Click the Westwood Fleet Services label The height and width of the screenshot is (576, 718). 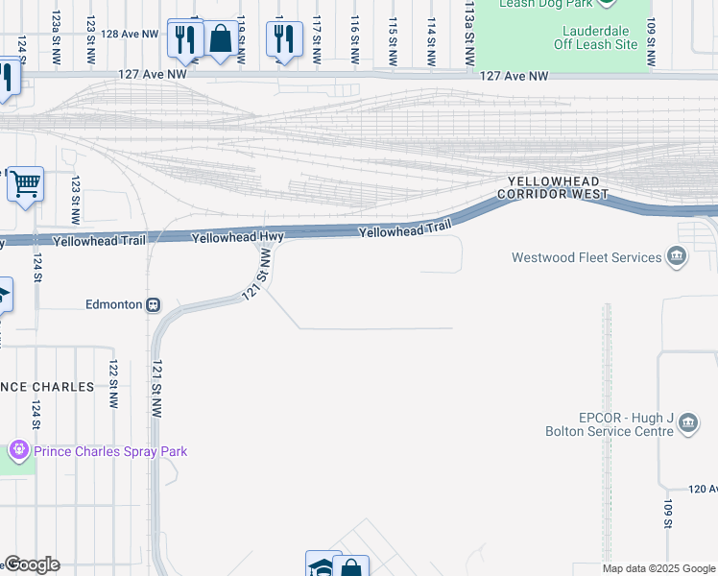click(x=586, y=257)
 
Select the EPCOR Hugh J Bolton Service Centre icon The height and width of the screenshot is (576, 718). click(x=687, y=423)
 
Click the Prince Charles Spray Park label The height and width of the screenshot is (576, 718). click(x=110, y=451)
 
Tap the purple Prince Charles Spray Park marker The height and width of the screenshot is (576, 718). click(x=18, y=449)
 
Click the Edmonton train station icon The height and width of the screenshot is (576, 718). click(x=152, y=304)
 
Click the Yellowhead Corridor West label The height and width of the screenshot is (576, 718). click(x=553, y=187)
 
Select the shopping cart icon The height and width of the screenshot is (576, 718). click(x=25, y=182)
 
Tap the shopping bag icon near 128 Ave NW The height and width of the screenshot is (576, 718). click(x=221, y=39)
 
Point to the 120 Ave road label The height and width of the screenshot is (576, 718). click(x=703, y=489)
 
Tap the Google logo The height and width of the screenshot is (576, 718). click(x=32, y=564)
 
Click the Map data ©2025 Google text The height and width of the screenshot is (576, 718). click(x=658, y=568)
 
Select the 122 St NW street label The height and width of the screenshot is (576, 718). click(x=113, y=384)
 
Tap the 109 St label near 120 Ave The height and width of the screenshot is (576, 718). click(x=667, y=513)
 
